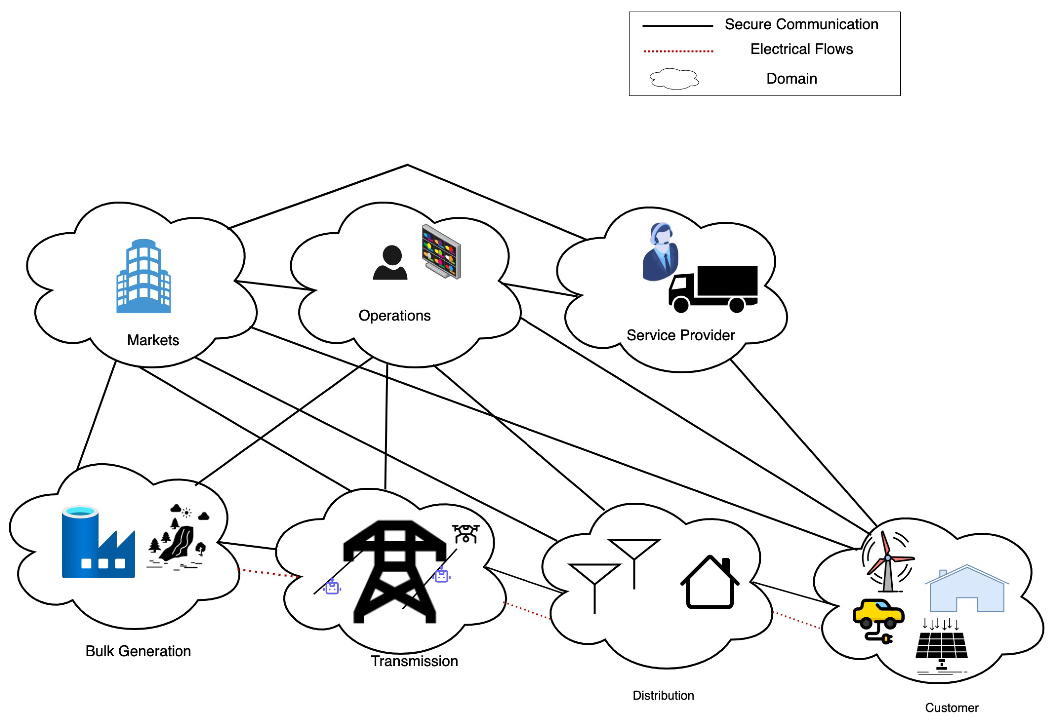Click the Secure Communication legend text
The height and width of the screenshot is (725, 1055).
pyautogui.click(x=801, y=25)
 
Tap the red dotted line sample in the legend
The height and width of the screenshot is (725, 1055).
pyautogui.click(x=678, y=51)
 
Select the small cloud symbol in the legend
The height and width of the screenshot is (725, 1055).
pyautogui.click(x=674, y=79)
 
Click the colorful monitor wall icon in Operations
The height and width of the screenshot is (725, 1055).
pyautogui.click(x=441, y=251)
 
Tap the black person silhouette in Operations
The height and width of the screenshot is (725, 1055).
pyautogui.click(x=390, y=263)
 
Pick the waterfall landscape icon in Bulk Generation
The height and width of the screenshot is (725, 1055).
pyautogui.click(x=177, y=536)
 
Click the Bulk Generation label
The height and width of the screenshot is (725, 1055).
pyautogui.click(x=138, y=651)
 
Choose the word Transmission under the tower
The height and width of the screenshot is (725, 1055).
pyautogui.click(x=414, y=661)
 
